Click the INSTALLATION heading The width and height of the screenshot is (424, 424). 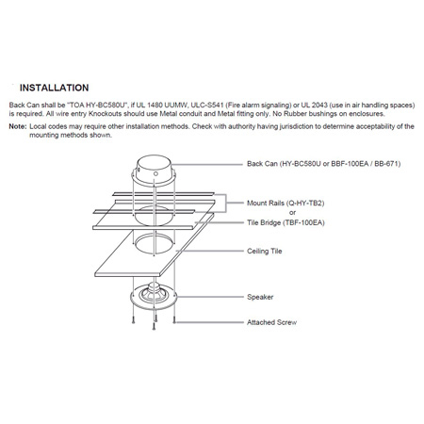(54, 86)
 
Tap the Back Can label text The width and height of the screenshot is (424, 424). (265, 163)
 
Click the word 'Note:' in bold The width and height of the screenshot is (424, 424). (18, 125)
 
